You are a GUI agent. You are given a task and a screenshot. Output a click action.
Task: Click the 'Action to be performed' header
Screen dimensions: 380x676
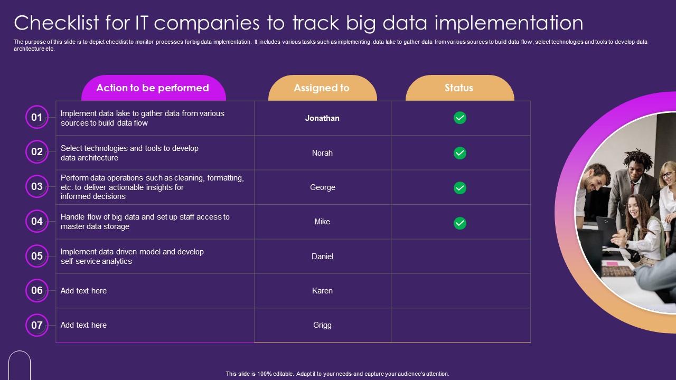153,88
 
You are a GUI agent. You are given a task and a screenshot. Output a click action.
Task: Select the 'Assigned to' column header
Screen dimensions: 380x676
322,88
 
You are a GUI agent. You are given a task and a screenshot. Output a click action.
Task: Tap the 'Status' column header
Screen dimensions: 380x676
459,88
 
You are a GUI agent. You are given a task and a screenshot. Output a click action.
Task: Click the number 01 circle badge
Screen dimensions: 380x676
37,117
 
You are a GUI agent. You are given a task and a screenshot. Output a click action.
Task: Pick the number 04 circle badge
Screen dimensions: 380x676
37,221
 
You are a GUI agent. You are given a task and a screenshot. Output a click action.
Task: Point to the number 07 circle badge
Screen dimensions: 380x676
37,325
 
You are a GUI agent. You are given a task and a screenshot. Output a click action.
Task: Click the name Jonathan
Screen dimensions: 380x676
322,118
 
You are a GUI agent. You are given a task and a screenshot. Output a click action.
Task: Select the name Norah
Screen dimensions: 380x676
322,153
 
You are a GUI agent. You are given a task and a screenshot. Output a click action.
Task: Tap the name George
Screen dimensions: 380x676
322,187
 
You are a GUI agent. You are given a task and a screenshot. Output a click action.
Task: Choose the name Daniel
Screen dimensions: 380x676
322,256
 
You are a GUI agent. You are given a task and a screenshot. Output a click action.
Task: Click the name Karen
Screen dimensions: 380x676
322,291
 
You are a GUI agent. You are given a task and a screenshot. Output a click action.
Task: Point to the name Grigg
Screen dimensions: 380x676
322,325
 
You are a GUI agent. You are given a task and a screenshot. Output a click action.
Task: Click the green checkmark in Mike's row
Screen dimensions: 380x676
460,223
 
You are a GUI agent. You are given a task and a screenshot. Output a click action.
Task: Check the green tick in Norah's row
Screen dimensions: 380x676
460,153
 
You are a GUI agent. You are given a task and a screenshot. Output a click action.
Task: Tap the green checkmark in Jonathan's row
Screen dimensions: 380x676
460,118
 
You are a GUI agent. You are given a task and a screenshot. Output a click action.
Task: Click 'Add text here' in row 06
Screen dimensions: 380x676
83,291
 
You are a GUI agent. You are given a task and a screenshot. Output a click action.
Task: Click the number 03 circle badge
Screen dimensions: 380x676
37,186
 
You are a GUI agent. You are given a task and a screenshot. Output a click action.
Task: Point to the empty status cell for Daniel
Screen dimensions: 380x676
460,256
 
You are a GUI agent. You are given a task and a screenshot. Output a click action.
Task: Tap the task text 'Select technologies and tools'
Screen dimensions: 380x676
129,148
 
